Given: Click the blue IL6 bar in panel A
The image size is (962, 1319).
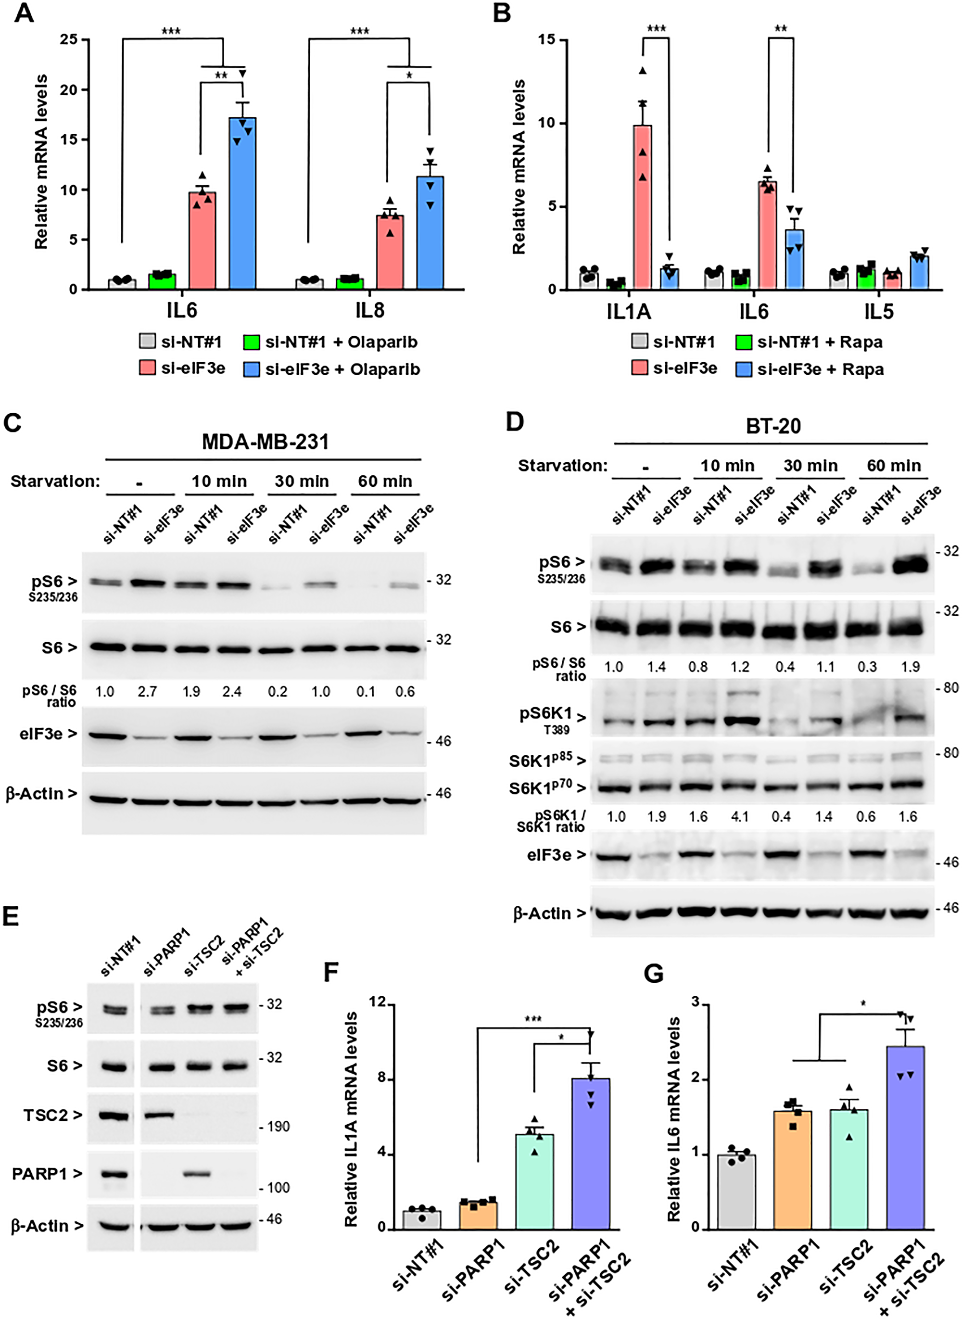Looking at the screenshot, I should pos(242,204).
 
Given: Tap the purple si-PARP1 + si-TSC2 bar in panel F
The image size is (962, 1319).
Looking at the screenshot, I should pos(591,1154).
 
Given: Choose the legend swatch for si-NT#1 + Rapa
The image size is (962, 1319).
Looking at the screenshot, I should pos(744,342).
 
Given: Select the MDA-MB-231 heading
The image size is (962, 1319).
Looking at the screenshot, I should pos(265,442).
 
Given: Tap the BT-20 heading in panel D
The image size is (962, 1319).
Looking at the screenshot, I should pos(773,426).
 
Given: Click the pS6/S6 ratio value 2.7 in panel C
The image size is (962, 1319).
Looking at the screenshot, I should pos(147,692).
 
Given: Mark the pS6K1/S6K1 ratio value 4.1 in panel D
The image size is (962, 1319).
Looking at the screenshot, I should pos(740,817).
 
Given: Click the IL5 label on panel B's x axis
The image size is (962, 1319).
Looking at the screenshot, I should pos(878,312).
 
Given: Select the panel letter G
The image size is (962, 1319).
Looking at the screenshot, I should pos(654,974).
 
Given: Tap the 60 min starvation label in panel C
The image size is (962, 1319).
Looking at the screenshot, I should pos(385,482).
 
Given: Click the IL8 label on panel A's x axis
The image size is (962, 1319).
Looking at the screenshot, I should pos(370,310).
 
